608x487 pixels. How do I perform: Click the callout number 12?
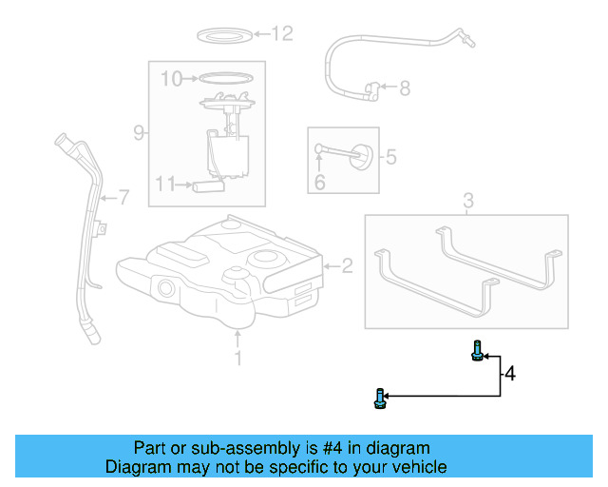click(x=282, y=34)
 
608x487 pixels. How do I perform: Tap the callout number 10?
click(x=170, y=79)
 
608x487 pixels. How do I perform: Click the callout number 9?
click(x=139, y=133)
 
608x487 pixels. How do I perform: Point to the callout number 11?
click(x=165, y=184)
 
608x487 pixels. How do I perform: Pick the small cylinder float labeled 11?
click(x=208, y=186)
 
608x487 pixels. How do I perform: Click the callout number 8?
click(x=404, y=88)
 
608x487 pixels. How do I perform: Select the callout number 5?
click(x=390, y=156)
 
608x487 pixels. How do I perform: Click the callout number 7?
click(x=122, y=198)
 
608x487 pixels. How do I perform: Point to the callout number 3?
click(x=467, y=200)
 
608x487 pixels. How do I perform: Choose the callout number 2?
click(x=347, y=266)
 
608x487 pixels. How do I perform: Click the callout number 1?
click(x=238, y=358)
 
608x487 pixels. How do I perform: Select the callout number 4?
click(x=510, y=374)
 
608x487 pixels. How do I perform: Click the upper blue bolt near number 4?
click(x=477, y=353)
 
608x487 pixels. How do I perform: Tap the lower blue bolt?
click(x=381, y=399)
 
